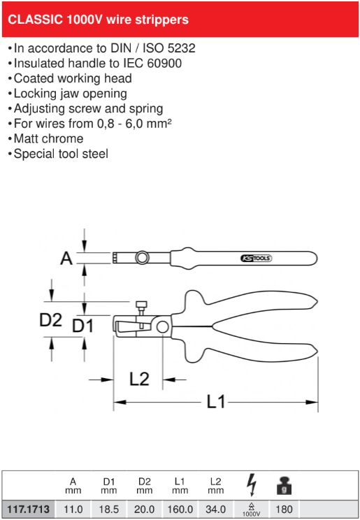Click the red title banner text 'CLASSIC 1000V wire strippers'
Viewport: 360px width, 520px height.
pyautogui.click(x=98, y=20)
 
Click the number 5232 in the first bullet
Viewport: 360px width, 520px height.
pyautogui.click(x=182, y=48)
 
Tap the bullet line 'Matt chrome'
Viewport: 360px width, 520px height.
pyautogui.click(x=48, y=138)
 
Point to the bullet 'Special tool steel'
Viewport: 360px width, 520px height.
pyautogui.click(x=61, y=154)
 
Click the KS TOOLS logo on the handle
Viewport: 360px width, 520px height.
pyautogui.click(x=256, y=259)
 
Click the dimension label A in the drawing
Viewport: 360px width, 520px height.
pyautogui.click(x=66, y=259)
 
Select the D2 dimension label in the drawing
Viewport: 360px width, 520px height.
pyautogui.click(x=50, y=320)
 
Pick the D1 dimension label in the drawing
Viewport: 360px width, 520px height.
pyautogui.click(x=83, y=326)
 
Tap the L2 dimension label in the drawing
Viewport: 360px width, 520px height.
pyautogui.click(x=139, y=379)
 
